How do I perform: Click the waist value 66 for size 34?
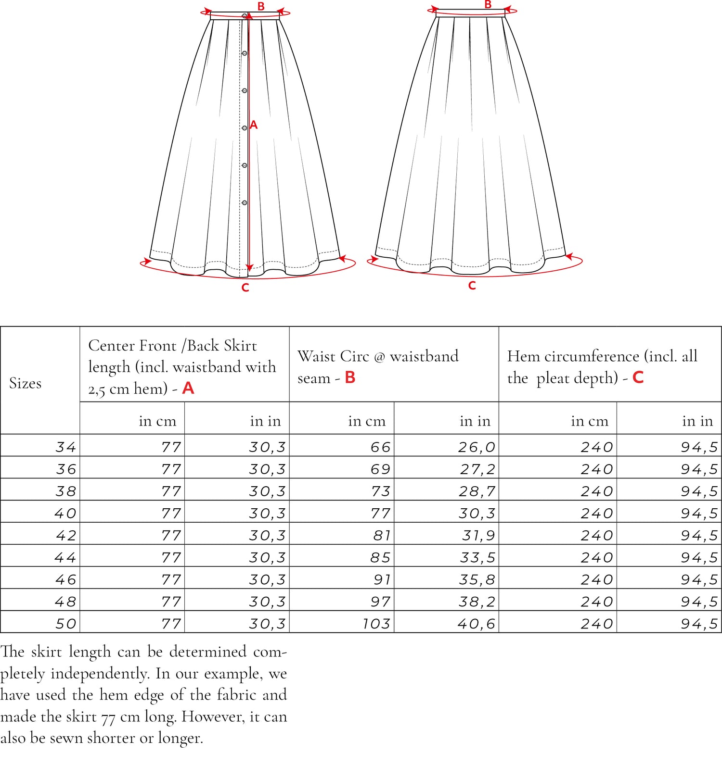pyautogui.click(x=380, y=447)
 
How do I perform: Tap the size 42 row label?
pyautogui.click(x=65, y=535)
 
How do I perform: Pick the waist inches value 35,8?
pyautogui.click(x=477, y=579)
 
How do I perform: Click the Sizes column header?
pyautogui.click(x=26, y=383)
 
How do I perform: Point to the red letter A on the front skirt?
pyautogui.click(x=254, y=125)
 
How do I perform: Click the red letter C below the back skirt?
pyautogui.click(x=472, y=286)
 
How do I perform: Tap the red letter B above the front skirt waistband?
pyautogui.click(x=261, y=6)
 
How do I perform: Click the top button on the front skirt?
pyautogui.click(x=245, y=16)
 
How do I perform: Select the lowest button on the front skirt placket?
pyautogui.click(x=245, y=203)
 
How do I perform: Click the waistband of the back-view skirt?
pyautogui.click(x=470, y=13)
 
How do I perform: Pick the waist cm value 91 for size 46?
pyautogui.click(x=382, y=579)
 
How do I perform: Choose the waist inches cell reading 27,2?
pyautogui.click(x=477, y=469)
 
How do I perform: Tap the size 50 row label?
pyautogui.click(x=65, y=624)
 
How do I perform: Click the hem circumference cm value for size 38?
pyautogui.click(x=597, y=491)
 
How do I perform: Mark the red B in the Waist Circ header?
pyautogui.click(x=350, y=377)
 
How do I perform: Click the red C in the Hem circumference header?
pyautogui.click(x=638, y=377)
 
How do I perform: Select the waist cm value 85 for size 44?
pyautogui.click(x=380, y=557)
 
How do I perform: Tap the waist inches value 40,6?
pyautogui.click(x=476, y=624)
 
